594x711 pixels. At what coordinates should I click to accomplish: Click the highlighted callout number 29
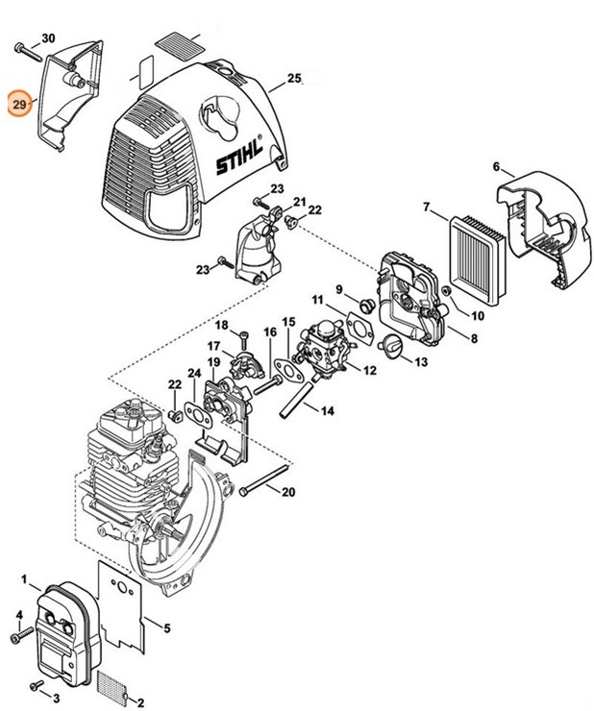click(x=18, y=102)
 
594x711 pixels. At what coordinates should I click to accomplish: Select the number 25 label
click(x=294, y=77)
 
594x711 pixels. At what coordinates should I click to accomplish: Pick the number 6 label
click(x=497, y=167)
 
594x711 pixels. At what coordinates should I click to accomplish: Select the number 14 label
click(x=328, y=410)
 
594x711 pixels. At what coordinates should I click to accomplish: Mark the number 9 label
click(x=339, y=289)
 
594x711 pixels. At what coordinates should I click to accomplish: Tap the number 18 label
click(x=221, y=326)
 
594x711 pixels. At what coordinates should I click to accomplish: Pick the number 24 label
click(x=193, y=372)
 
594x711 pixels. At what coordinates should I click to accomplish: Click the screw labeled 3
click(x=37, y=684)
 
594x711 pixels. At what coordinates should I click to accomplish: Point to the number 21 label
click(x=299, y=202)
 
